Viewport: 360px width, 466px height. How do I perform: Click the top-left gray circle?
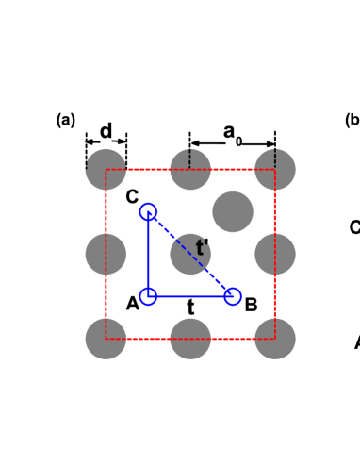tap(106, 170)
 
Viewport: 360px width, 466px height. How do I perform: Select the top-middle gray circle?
tap(190, 170)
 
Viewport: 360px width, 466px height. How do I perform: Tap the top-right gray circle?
tap(275, 170)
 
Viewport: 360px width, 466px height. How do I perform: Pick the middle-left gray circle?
tap(106, 254)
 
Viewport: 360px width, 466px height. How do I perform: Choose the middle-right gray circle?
tap(275, 254)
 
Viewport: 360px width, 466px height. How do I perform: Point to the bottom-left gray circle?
tap(106, 339)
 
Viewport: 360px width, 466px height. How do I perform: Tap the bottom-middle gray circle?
tap(190, 339)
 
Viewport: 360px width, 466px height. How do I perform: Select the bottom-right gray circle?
tap(275, 339)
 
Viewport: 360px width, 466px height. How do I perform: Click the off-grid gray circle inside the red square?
tap(233, 211)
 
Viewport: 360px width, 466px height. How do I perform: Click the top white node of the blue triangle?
tap(148, 211)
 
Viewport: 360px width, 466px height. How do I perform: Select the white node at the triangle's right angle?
tap(148, 296)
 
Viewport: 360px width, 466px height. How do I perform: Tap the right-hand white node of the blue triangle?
tap(233, 296)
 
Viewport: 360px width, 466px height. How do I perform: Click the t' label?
tap(201, 249)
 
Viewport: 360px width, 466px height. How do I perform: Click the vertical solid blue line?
tap(148, 254)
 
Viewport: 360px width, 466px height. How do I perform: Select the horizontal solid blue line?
tap(190, 296)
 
